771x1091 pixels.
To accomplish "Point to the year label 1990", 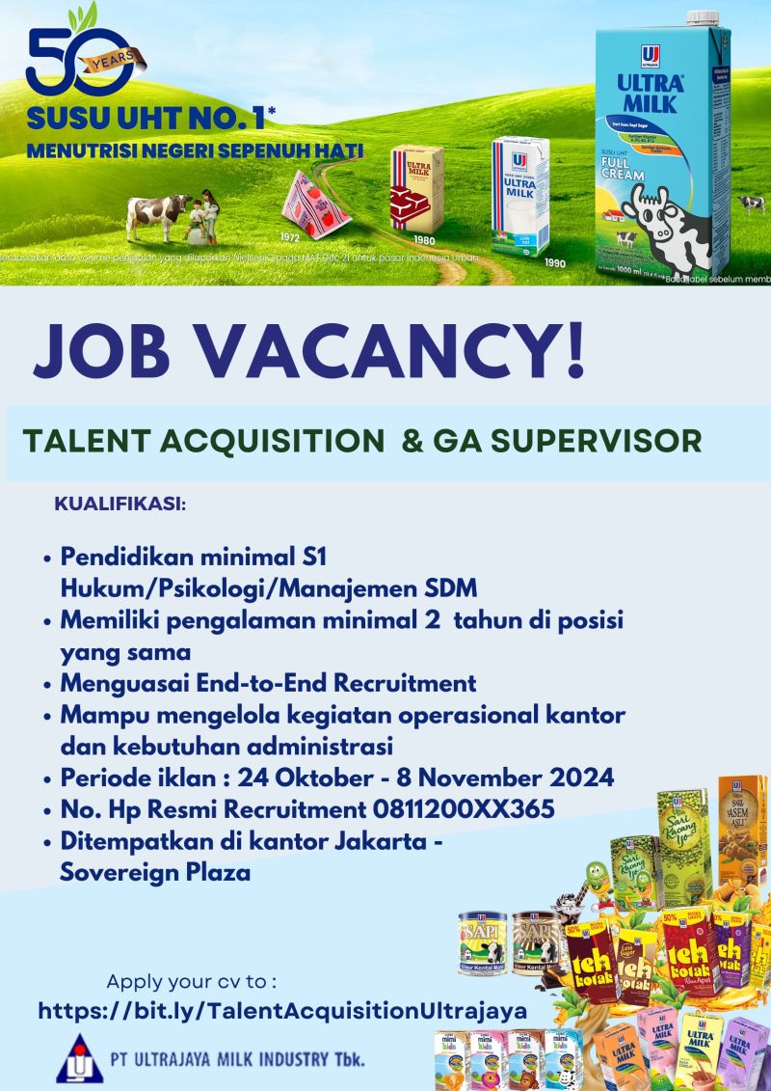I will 554,262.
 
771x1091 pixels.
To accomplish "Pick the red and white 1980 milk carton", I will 417,188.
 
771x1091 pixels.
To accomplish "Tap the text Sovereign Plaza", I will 155,872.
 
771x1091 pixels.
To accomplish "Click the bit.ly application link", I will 282,1011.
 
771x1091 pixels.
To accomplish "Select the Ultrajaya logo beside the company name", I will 78,1058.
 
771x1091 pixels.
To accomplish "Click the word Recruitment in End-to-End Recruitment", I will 405,683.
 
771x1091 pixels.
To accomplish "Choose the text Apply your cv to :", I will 192,982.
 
